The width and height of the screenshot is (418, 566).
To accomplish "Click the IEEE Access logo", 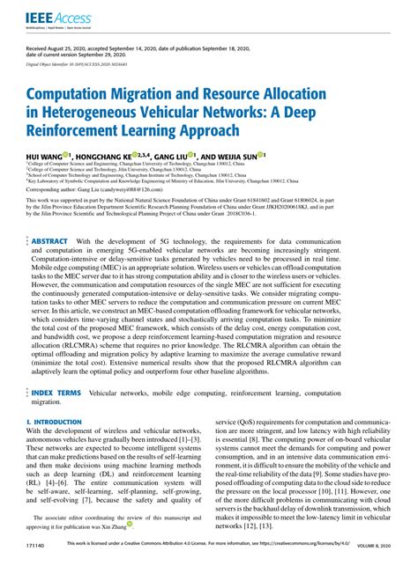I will click(52, 18).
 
